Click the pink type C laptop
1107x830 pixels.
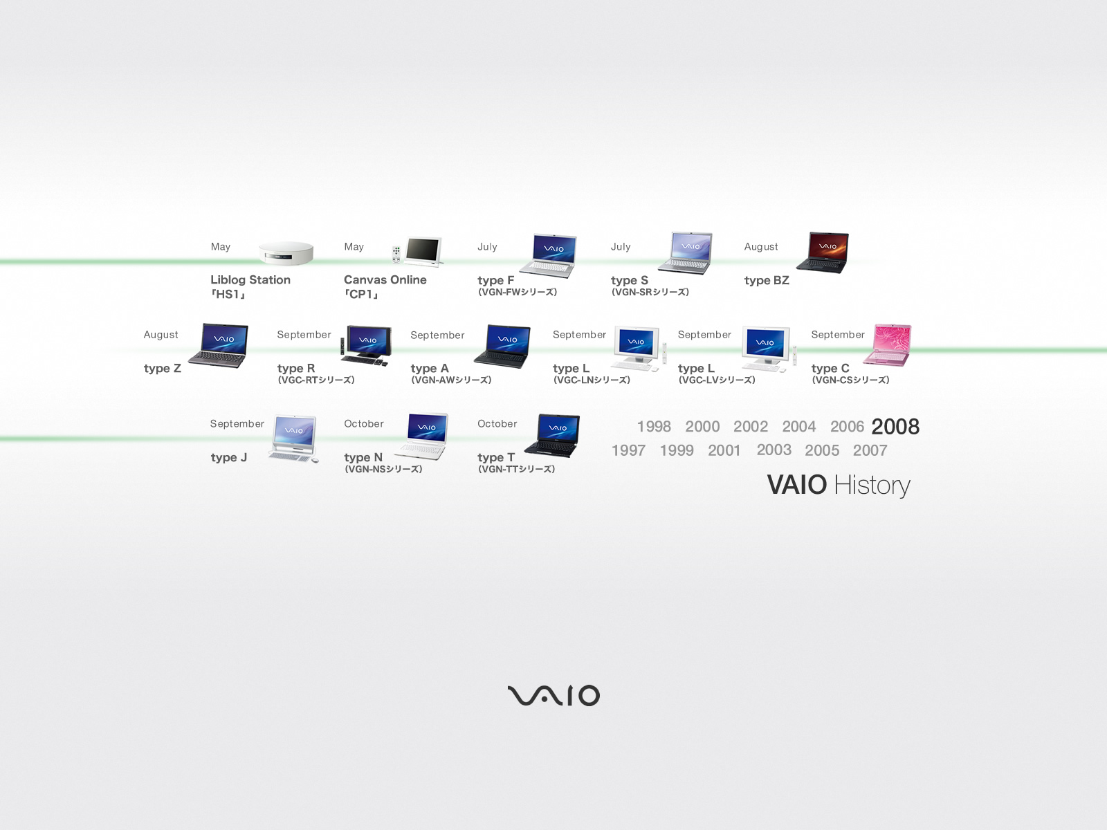887,344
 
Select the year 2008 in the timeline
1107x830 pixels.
895,427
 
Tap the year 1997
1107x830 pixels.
628,450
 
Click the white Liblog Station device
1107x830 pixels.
286,253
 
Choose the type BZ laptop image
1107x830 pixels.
823,252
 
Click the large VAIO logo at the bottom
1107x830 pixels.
553,695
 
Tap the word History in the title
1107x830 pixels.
872,486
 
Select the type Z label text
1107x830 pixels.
162,369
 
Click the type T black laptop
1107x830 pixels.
552,436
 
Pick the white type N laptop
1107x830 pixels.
421,436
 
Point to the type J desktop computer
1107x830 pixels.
293,439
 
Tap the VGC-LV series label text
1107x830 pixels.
717,380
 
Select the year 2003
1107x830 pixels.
774,450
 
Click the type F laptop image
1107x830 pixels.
548,255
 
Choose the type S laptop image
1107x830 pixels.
686,253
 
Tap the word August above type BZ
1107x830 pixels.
761,247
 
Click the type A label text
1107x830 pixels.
429,369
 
